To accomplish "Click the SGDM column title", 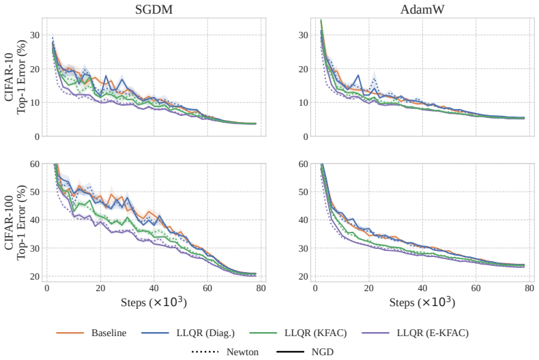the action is pyautogui.click(x=154, y=10).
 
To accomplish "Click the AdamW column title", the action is pyautogui.click(x=422, y=10).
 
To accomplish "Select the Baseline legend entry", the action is pyautogui.click(x=91, y=333).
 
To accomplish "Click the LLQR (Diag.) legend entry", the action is pyautogui.click(x=188, y=333).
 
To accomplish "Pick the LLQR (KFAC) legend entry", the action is pyautogui.click(x=298, y=333).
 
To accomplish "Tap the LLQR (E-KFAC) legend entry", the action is pyautogui.click(x=415, y=333).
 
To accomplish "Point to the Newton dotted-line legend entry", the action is pyautogui.click(x=225, y=352).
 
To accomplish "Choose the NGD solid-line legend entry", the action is pyautogui.click(x=305, y=352).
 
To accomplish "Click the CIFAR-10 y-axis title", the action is pyautogui.click(x=16, y=76).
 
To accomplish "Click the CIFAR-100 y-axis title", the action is pyautogui.click(x=16, y=222).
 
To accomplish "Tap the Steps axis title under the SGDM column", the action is pyautogui.click(x=154, y=302).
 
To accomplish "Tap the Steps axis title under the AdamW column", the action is pyautogui.click(x=422, y=302).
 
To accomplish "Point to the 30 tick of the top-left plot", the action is pyautogui.click(x=35, y=35).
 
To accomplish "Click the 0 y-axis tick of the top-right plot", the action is pyautogui.click(x=306, y=137).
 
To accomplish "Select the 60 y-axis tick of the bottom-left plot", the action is pyautogui.click(x=35, y=164).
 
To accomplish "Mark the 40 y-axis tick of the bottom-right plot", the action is pyautogui.click(x=303, y=220).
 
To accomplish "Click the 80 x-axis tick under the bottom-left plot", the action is pyautogui.click(x=261, y=288).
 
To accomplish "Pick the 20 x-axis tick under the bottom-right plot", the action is pyautogui.click(x=369, y=288).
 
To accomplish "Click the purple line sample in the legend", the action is pyautogui.click(x=375, y=333).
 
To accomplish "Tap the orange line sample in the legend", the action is pyautogui.click(x=70, y=333).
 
